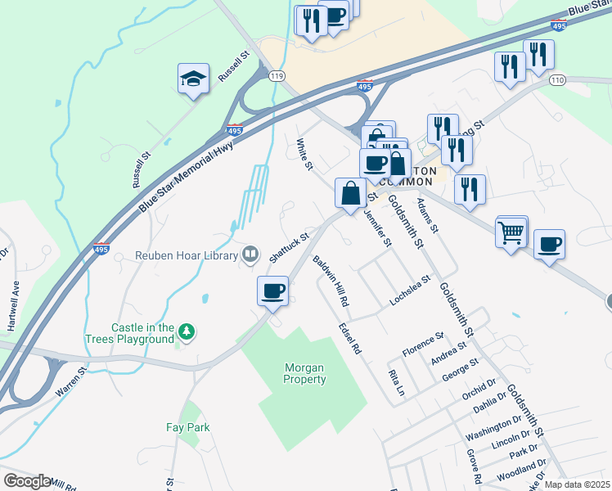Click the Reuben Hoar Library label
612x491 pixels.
(187, 255)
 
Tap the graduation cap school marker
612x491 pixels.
(193, 79)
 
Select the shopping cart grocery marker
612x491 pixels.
(511, 232)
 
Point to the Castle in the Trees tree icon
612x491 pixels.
(187, 331)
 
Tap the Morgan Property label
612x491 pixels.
(304, 374)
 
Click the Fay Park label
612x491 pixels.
(187, 427)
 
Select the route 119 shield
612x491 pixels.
(277, 76)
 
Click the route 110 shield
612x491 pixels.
(558, 79)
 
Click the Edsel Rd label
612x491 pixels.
(350, 337)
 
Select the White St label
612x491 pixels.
(304, 155)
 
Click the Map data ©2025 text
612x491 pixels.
(576, 484)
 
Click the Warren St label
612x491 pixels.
(70, 383)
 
